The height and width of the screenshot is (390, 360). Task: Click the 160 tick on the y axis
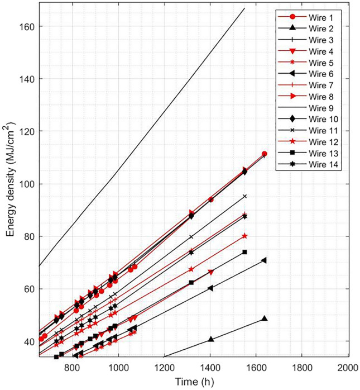[28, 26]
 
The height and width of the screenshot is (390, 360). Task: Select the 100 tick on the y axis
[28, 184]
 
